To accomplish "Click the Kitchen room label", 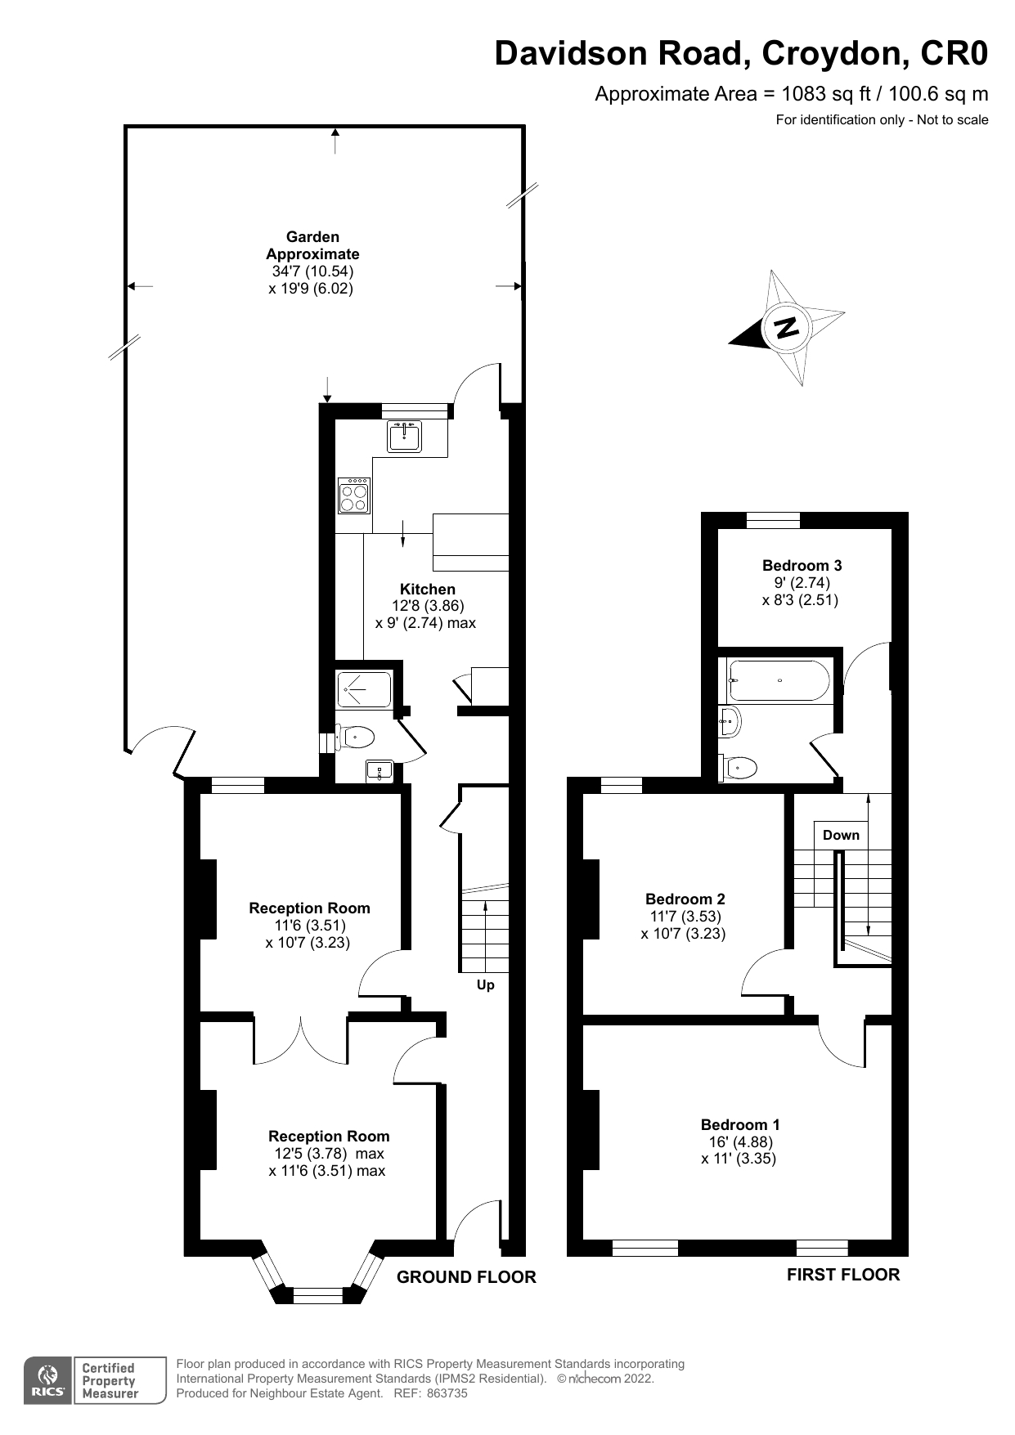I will [427, 589].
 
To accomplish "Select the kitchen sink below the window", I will [404, 436].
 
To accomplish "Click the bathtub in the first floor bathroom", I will [779, 680].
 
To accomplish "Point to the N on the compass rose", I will [786, 328].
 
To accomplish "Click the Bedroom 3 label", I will [802, 565].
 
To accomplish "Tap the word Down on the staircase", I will [841, 835].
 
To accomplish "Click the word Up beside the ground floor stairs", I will [485, 984].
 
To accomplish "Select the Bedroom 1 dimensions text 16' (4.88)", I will [740, 1141].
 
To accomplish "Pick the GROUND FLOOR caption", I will [466, 1277].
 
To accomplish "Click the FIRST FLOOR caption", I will [842, 1275].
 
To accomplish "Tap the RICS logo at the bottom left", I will [47, 1381].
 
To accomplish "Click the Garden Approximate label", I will [312, 245].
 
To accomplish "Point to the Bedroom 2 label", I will [685, 899].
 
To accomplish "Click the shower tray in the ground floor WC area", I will [364, 689].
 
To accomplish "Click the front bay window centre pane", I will [317, 1294].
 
